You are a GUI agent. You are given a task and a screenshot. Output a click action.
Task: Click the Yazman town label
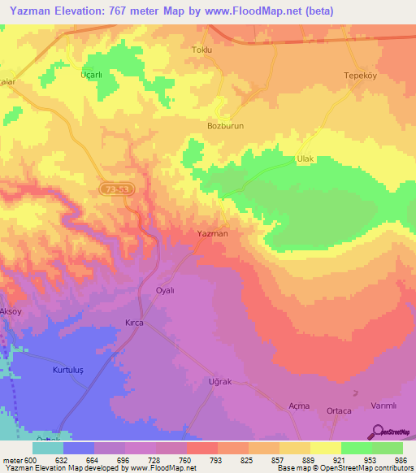pyautogui.click(x=213, y=233)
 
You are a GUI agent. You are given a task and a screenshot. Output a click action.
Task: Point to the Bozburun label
pyautogui.click(x=225, y=127)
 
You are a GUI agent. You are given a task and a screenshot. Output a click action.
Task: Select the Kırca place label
pyautogui.click(x=134, y=323)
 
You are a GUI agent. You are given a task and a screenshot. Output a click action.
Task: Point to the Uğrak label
pyautogui.click(x=220, y=381)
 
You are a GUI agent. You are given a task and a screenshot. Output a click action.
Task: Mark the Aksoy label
pyautogui.click(x=11, y=312)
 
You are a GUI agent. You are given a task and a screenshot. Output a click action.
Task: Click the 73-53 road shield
pyautogui.click(x=118, y=189)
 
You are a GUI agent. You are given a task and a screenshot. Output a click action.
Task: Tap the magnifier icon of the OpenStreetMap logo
pyautogui.click(x=378, y=432)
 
